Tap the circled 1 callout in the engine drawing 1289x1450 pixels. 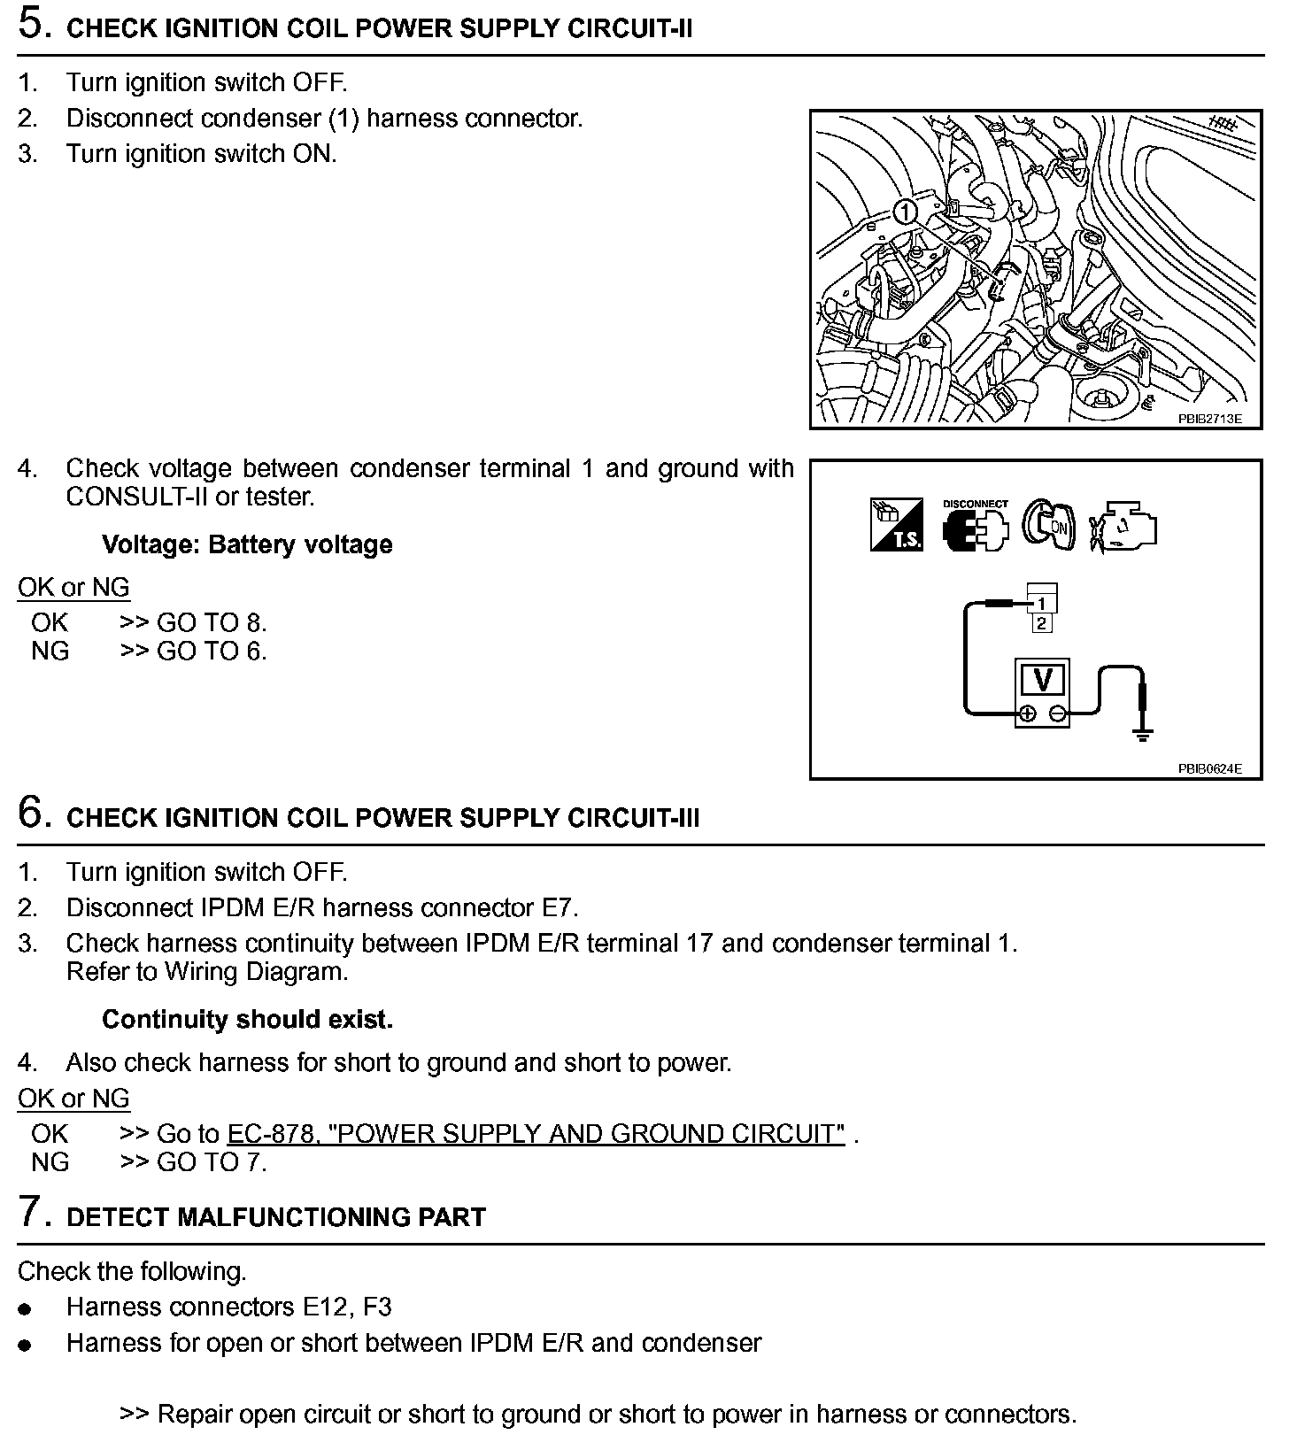click(904, 212)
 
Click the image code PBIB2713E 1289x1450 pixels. click(1208, 419)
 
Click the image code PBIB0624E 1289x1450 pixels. click(1208, 768)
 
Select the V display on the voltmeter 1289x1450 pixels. click(1042, 680)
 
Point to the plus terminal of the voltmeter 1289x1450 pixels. click(1027, 713)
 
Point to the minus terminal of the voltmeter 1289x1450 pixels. click(1057, 713)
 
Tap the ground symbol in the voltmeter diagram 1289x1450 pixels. click(1143, 733)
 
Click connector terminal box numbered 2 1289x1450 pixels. click(1042, 623)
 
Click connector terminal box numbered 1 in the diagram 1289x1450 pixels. click(1042, 604)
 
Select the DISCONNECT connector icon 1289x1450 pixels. click(975, 527)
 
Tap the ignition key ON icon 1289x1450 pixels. click(1050, 526)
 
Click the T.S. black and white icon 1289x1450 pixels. click(897, 525)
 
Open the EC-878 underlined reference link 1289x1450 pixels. click(536, 1134)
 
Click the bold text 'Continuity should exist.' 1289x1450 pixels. click(247, 1020)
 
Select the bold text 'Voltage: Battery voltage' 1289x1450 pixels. click(247, 544)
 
